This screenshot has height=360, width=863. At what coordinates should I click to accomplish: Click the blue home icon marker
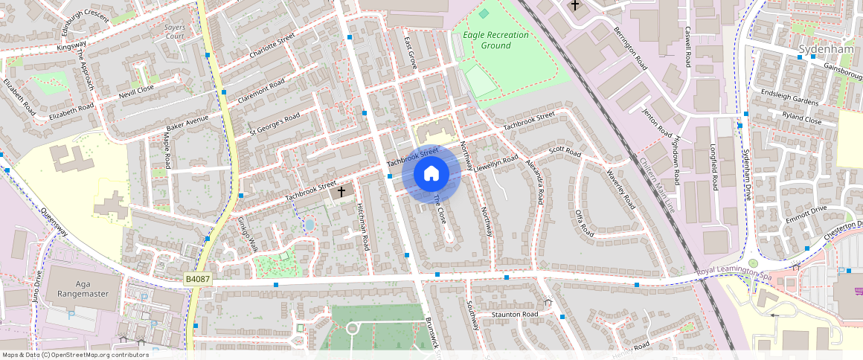[431, 174]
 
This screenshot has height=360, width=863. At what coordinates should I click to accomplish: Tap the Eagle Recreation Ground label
[495, 40]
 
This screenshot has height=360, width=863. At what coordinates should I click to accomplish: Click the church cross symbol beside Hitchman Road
[341, 192]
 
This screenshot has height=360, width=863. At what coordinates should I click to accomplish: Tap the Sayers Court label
[174, 30]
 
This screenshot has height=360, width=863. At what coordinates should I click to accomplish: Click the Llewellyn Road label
[495, 162]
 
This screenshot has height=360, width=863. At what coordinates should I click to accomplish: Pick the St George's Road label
[274, 124]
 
